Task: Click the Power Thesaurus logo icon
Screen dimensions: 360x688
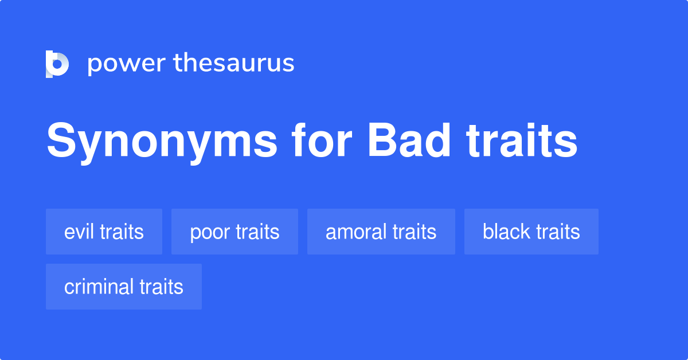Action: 57,64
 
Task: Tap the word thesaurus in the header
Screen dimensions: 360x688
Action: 234,64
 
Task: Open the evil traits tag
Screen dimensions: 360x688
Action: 104,232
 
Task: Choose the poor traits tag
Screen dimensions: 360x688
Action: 234,232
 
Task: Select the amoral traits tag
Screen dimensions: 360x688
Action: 381,232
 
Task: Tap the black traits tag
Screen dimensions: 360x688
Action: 531,232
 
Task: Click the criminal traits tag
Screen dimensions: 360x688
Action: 124,287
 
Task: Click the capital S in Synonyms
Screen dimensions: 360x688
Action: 60,142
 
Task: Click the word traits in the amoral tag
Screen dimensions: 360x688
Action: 414,232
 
